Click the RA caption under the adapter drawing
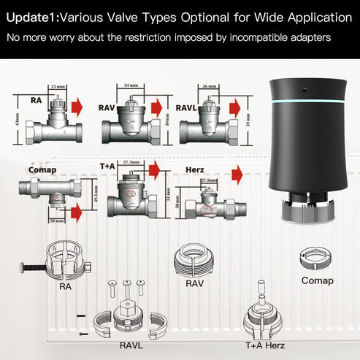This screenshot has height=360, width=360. [x=65, y=287]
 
